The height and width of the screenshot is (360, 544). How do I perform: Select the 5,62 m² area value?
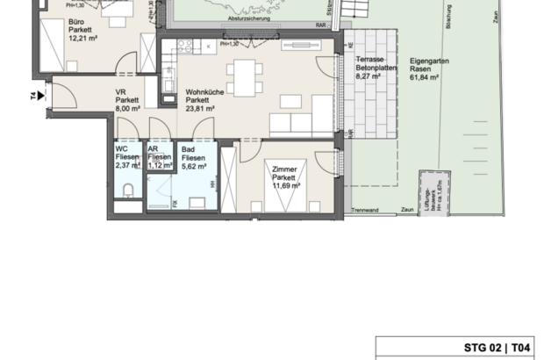point(195,165)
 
